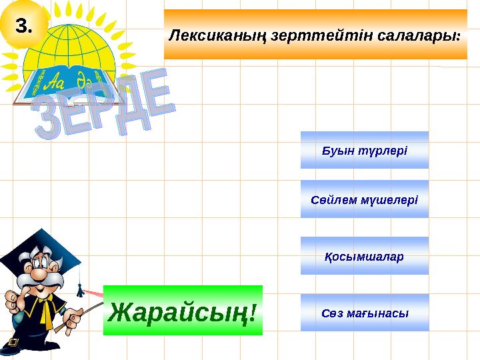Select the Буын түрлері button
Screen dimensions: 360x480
(x=364, y=150)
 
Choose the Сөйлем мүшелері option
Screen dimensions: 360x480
(x=364, y=199)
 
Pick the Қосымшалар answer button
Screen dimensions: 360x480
(x=364, y=256)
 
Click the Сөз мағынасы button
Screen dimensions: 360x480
(x=364, y=313)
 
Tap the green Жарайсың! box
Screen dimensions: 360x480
(x=183, y=310)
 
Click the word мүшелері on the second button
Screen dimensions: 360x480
(x=391, y=199)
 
